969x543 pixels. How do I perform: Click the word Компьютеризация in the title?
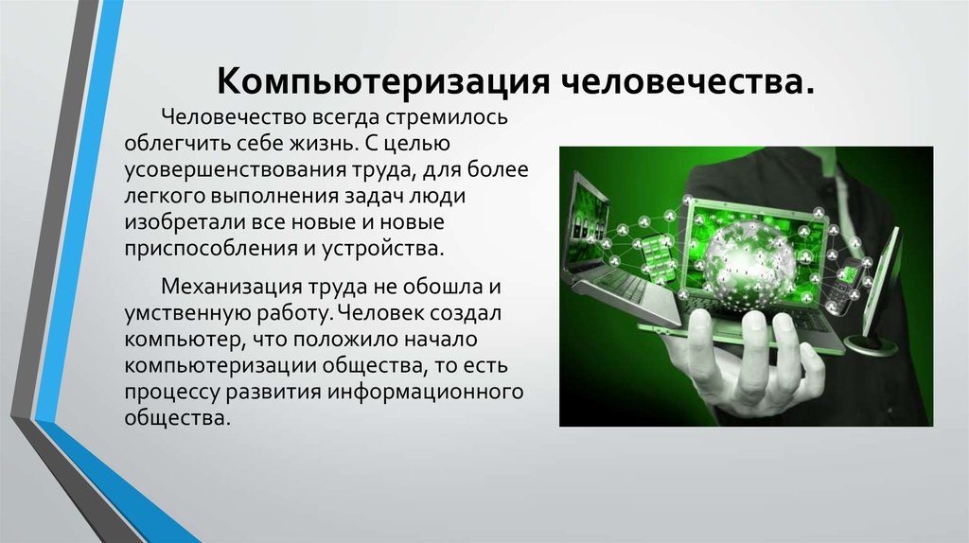coord(383,81)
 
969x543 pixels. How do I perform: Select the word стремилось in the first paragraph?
coord(447,116)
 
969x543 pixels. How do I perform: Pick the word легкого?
coord(165,197)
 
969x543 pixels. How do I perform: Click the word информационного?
coord(426,392)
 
